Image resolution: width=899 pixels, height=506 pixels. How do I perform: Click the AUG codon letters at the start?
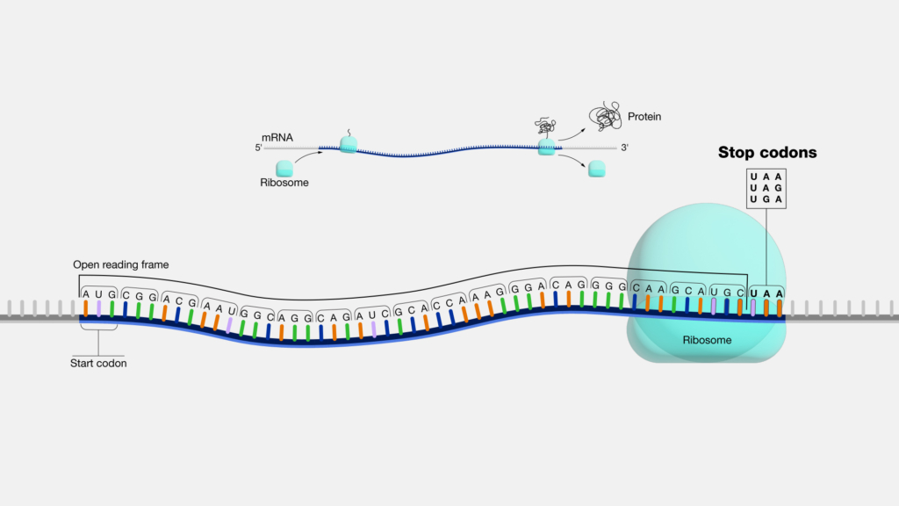(x=98, y=294)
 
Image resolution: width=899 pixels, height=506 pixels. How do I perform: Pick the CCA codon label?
(x=449, y=305)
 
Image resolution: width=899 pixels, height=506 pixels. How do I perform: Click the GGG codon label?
(x=608, y=285)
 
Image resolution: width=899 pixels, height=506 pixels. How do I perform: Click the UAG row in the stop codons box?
(x=766, y=188)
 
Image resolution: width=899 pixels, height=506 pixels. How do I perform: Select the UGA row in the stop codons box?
(x=766, y=200)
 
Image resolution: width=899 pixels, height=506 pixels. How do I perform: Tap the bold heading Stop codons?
(x=767, y=153)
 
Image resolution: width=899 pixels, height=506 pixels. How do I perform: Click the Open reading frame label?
(x=121, y=264)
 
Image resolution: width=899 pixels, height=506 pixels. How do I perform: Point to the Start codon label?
(x=98, y=363)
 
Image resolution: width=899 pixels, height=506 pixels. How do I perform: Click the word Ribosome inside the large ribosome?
(x=708, y=338)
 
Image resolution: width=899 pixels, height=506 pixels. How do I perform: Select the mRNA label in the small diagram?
(x=278, y=137)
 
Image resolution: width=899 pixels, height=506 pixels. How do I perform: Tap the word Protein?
(x=644, y=116)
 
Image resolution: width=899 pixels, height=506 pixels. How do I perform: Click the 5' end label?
(x=259, y=148)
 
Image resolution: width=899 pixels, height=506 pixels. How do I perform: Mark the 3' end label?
(x=624, y=148)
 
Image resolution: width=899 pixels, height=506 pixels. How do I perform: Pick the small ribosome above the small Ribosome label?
(x=285, y=167)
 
